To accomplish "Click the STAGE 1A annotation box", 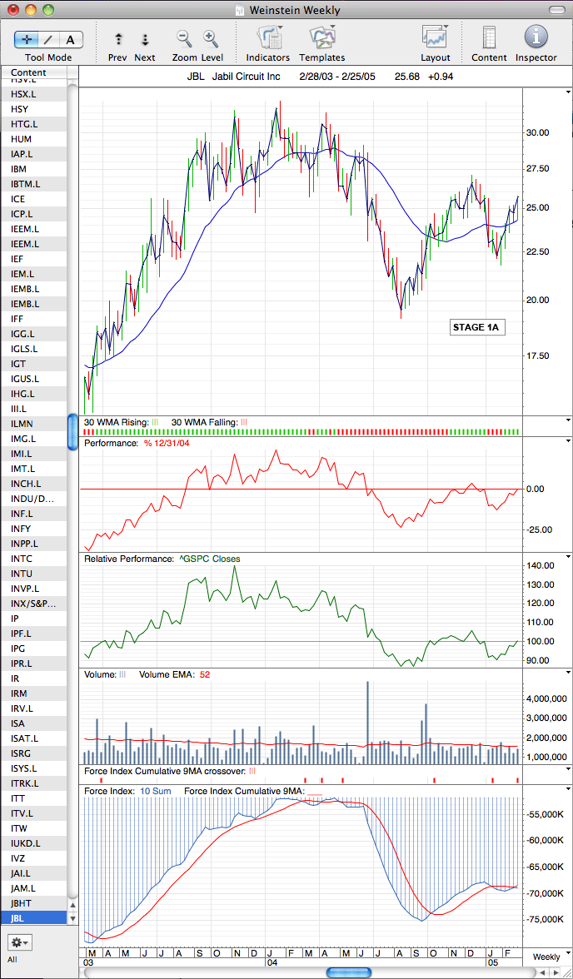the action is pos(476,326).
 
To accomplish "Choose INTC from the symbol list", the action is pos(22,558).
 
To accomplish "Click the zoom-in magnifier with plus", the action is pos(210,38).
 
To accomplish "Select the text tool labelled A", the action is pos(71,39).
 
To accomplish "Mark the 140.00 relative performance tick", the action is pos(539,566).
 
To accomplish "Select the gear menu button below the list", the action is pos(19,941).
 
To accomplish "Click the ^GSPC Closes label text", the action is pos(208,559).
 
